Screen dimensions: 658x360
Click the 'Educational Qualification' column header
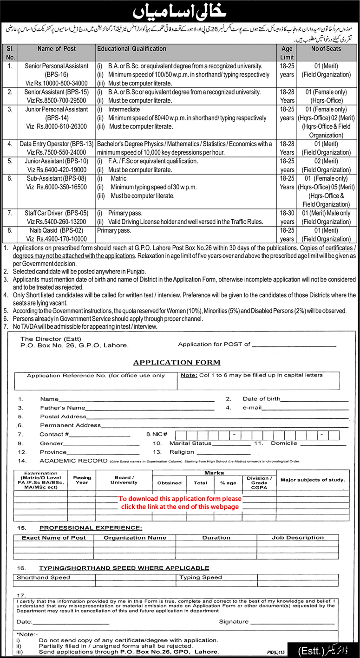(x=131, y=48)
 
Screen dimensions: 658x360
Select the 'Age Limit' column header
(x=287, y=52)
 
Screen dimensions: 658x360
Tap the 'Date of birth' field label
(x=261, y=399)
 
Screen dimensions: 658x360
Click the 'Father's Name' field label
(x=63, y=408)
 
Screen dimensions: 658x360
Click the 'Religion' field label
(x=182, y=452)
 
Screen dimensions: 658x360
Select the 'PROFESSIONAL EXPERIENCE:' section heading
(x=91, y=528)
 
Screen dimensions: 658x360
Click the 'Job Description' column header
(x=298, y=538)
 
